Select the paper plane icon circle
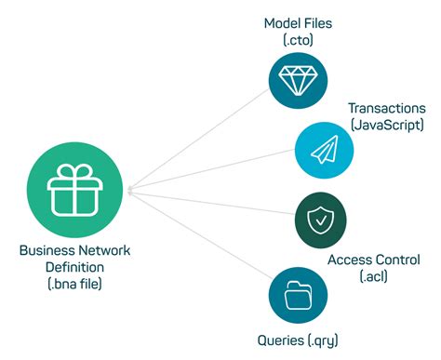tap(323, 150)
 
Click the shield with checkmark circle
tap(317, 221)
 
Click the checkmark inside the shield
tap(317, 221)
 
